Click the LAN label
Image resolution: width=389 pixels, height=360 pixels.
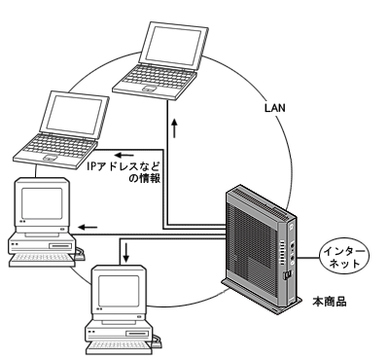click(x=275, y=108)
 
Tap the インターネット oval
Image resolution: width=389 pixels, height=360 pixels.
click(x=345, y=257)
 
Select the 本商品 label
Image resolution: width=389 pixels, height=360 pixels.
click(x=330, y=302)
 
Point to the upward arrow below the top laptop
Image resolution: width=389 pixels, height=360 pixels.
click(x=175, y=128)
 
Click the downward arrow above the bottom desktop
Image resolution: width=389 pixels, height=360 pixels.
click(x=126, y=253)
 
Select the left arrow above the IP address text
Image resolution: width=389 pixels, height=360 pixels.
click(x=124, y=155)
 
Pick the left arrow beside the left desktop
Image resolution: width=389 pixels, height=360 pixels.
click(x=88, y=227)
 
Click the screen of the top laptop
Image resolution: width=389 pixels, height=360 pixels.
click(x=172, y=46)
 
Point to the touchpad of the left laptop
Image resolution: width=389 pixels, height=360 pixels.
click(x=50, y=158)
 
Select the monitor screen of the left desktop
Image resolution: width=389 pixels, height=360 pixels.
click(x=42, y=203)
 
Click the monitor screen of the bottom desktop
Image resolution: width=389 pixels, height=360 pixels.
click(x=119, y=291)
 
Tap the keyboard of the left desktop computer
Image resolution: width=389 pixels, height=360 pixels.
click(x=41, y=259)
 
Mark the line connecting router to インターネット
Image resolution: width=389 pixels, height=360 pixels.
click(x=308, y=258)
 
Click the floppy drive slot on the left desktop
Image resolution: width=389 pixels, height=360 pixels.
click(x=60, y=246)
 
